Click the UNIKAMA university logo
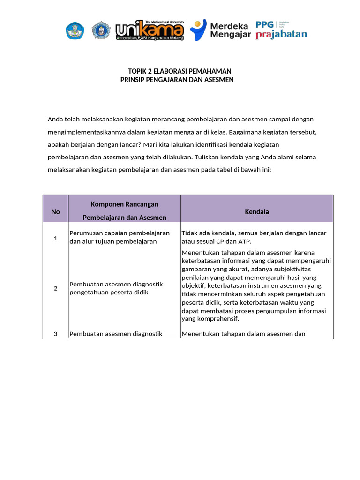pos(150,30)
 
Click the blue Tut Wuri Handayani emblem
pos(75,30)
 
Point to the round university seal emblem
pos(100,30)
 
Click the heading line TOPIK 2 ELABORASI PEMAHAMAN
pos(180,71)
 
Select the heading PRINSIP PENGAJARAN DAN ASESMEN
pos(177,80)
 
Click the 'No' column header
pos(55,211)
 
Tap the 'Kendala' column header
pos(257,211)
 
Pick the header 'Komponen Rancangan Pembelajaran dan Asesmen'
pos(124,211)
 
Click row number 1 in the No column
pos(55,238)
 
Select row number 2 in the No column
pos(55,288)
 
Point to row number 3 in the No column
pos(55,334)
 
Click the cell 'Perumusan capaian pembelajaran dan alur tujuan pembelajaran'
pos(120,237)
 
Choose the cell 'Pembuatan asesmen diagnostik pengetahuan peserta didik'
pos(116,288)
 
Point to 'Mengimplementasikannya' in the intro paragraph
pos(83,132)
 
